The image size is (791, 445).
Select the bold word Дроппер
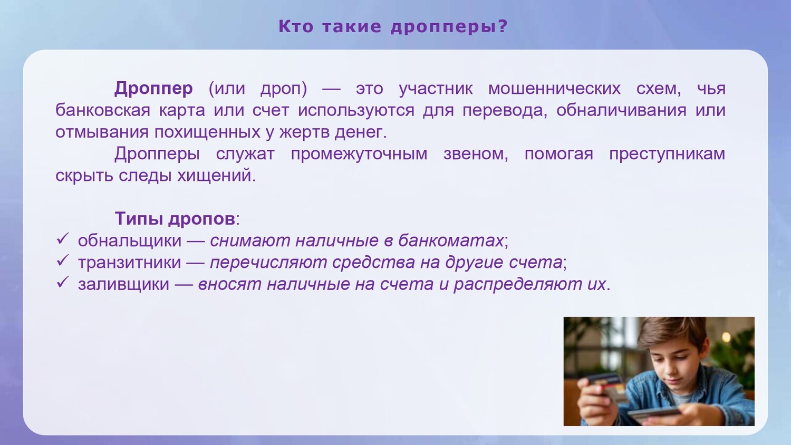click(x=153, y=89)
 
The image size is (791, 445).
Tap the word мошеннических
click(x=554, y=88)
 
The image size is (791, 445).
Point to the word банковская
click(x=103, y=110)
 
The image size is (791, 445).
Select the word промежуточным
click(x=359, y=154)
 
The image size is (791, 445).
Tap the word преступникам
click(x=667, y=154)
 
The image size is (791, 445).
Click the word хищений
click(x=216, y=176)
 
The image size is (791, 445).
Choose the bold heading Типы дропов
click(x=175, y=218)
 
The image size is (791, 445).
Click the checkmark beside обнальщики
click(x=62, y=238)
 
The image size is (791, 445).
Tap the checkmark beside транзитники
click(x=62, y=260)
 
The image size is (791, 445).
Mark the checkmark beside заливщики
click(x=62, y=282)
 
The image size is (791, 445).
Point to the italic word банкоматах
click(x=451, y=240)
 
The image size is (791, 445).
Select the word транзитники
click(x=129, y=263)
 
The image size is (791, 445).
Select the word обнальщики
click(x=130, y=241)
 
